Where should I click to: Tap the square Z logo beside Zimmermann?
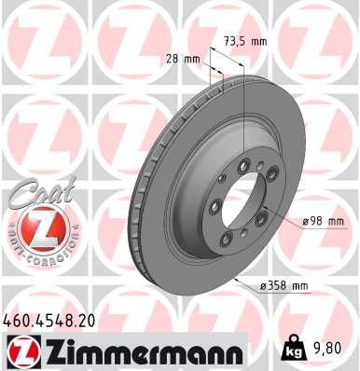pos(20,350)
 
